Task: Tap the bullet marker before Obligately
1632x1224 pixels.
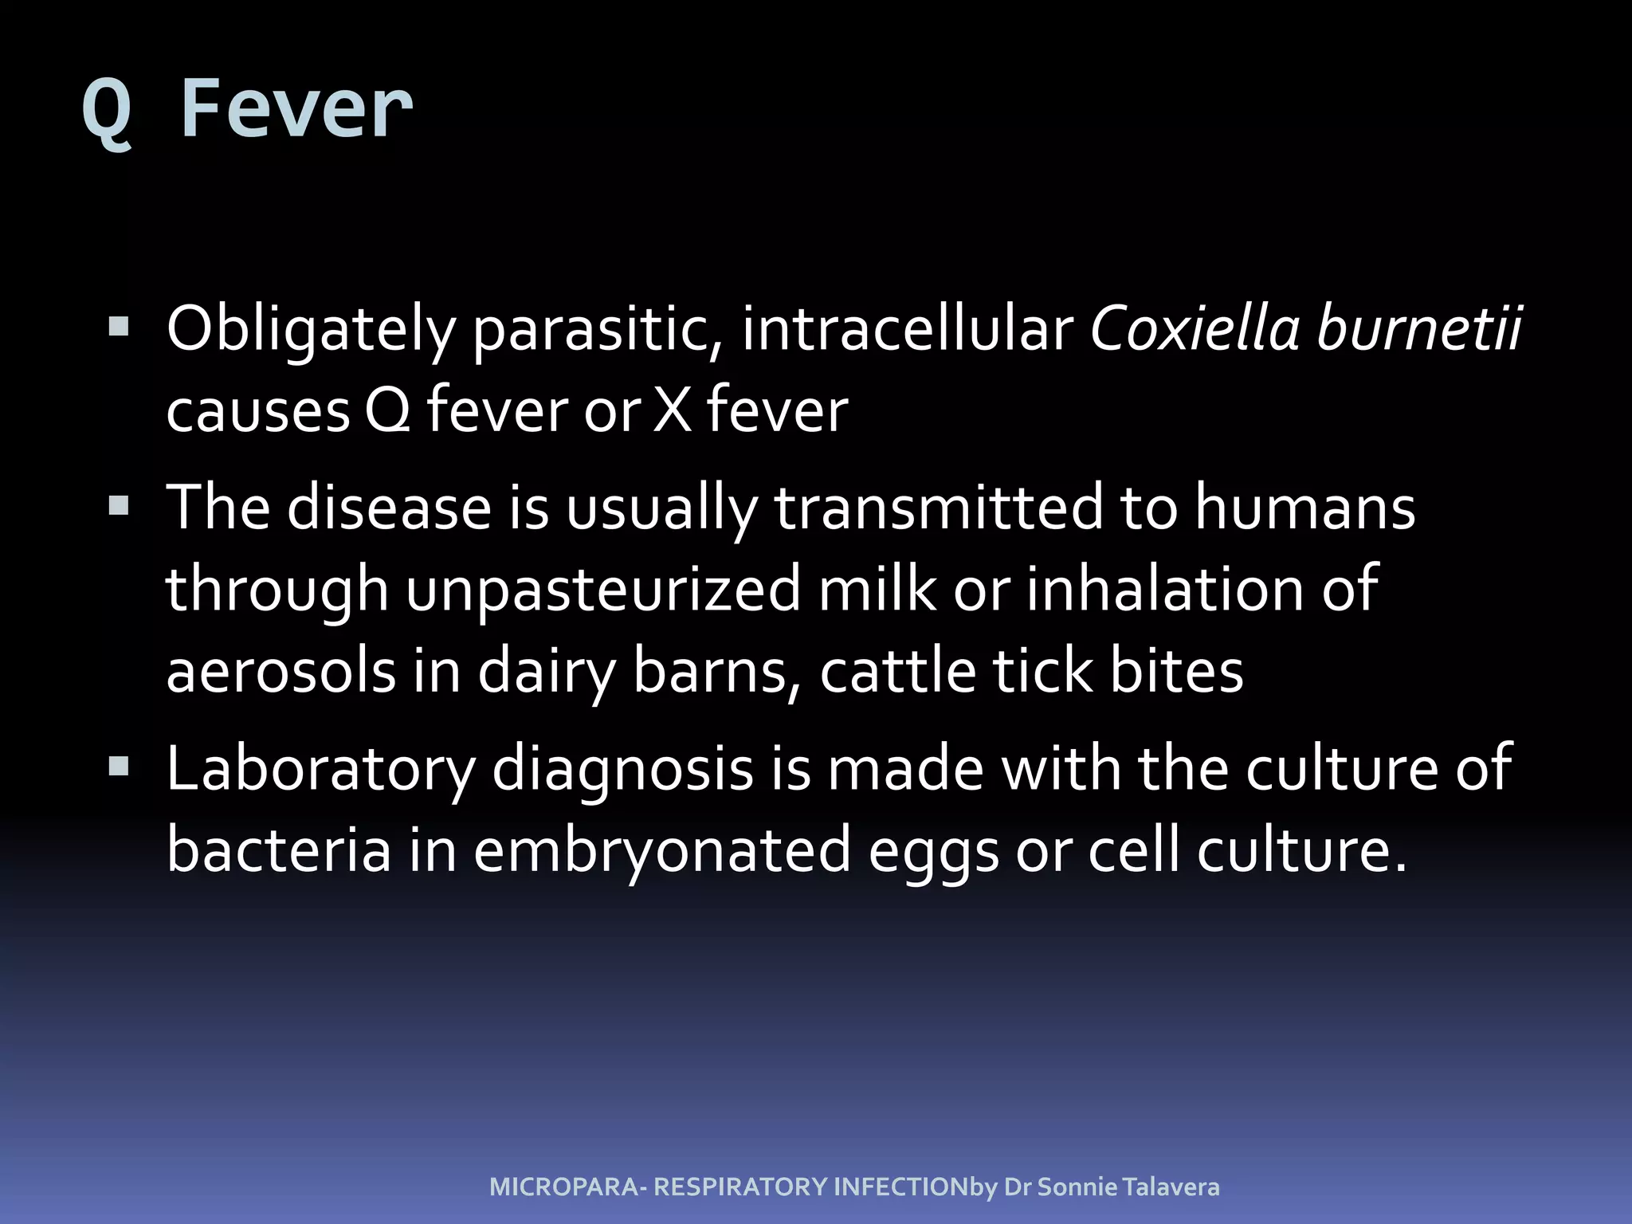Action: pos(119,327)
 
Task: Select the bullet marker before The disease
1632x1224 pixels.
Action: pos(119,506)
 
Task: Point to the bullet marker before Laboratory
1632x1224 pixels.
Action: pos(119,767)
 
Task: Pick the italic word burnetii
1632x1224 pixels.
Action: pos(1419,328)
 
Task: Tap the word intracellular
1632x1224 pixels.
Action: pos(908,328)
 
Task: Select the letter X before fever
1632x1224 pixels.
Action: pos(673,411)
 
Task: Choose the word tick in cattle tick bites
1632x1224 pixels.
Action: pos(1043,670)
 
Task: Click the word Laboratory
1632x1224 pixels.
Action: pos(320,770)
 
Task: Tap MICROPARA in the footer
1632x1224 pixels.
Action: pos(563,1187)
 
